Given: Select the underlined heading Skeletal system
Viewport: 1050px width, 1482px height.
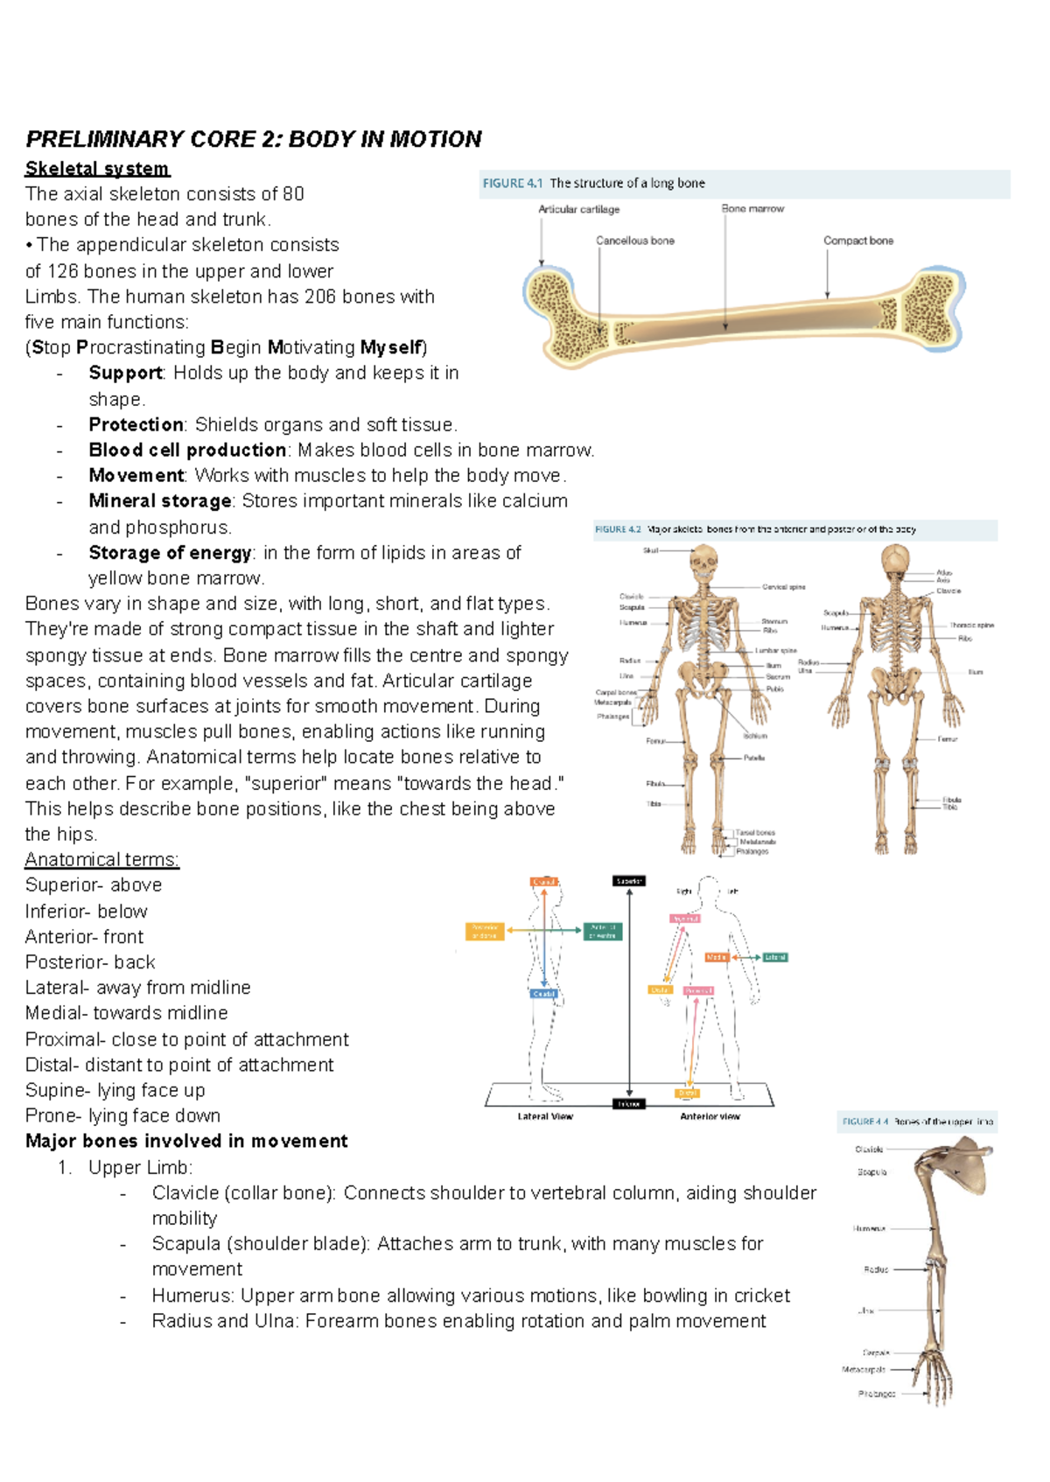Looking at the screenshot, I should (97, 169).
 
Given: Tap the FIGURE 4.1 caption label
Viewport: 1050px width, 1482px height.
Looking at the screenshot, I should (513, 184).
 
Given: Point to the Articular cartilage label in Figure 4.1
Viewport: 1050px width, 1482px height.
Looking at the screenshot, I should (578, 210).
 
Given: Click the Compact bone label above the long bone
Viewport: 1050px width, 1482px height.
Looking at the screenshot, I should (857, 241).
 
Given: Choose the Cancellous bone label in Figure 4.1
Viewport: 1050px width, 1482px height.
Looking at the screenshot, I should (634, 241).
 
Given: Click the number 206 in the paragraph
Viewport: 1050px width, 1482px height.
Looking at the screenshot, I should (320, 297).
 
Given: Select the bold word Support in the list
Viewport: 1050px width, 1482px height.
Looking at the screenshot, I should (125, 373).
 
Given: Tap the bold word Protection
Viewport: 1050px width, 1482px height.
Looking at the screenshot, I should (136, 424).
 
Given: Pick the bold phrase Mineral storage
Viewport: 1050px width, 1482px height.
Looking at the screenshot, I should (160, 501).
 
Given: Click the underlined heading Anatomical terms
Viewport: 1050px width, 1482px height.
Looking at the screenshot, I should (101, 860).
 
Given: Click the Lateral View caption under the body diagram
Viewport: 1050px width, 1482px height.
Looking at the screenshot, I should (545, 1116).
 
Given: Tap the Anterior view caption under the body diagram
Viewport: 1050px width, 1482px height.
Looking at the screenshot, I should (710, 1116).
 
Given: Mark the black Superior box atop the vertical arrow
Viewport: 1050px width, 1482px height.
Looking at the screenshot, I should (629, 881).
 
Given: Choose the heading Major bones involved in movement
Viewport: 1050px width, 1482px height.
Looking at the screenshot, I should (186, 1142).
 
